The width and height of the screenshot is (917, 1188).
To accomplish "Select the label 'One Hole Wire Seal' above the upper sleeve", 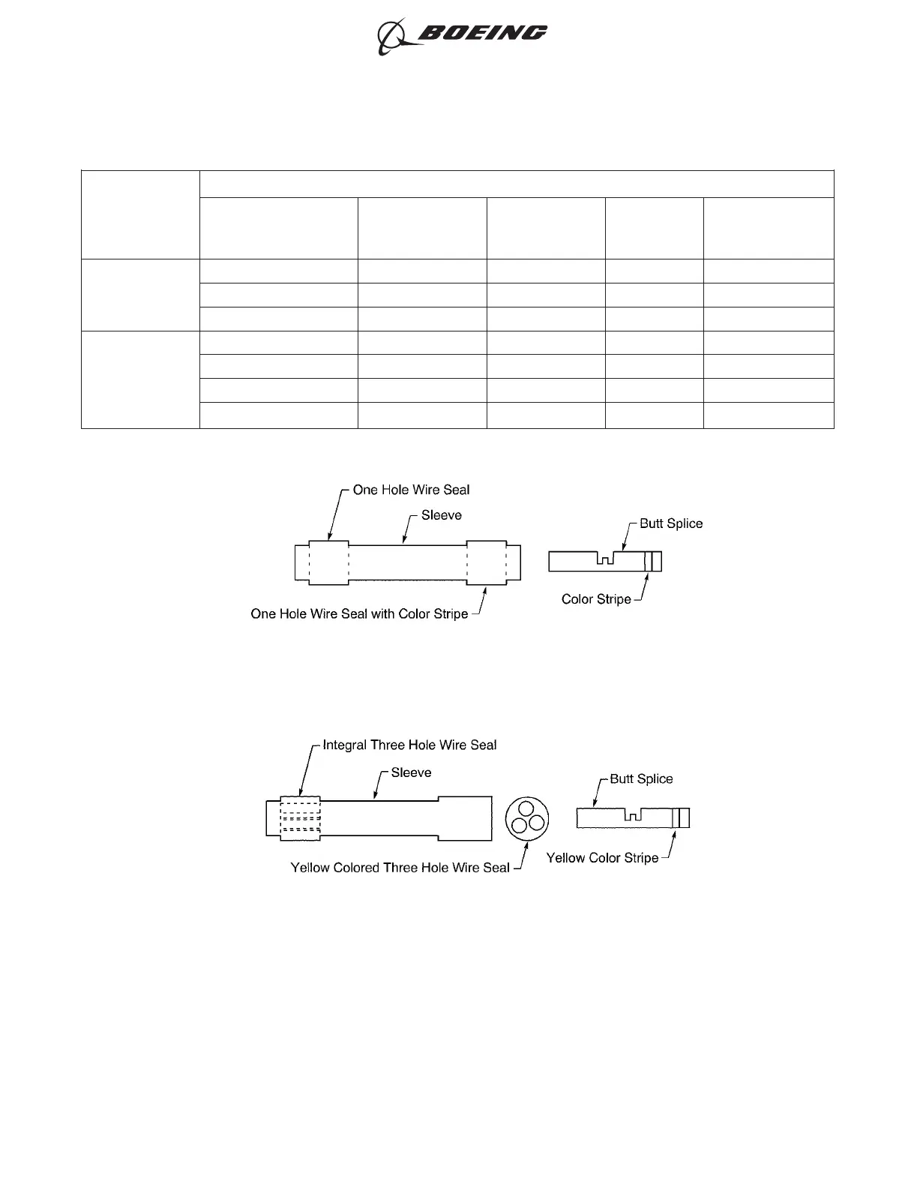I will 411,490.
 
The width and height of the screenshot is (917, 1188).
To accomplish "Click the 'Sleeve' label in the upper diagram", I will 441,515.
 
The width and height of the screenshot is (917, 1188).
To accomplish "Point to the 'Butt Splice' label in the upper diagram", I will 671,523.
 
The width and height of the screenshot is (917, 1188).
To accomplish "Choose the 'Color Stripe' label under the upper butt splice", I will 596,599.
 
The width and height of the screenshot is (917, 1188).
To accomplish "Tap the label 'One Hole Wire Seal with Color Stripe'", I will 359,613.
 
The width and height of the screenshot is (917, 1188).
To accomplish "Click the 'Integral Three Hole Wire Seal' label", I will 409,745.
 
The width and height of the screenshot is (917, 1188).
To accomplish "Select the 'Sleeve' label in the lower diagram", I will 411,772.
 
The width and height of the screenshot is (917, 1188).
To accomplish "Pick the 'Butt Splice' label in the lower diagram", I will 641,778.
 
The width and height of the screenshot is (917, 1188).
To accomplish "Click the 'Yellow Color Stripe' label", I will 602,858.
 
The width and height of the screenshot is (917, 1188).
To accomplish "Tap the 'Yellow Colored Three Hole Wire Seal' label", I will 400,868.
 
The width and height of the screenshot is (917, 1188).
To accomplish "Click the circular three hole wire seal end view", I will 526,819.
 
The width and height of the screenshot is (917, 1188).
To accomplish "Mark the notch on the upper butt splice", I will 605,559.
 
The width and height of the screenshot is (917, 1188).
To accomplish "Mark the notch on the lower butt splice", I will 634,815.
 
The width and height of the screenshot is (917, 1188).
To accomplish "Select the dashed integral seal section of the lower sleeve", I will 300,817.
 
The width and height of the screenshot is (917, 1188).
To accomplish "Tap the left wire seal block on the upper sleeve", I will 328,562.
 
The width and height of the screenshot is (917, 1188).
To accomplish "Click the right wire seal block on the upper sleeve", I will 487,562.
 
